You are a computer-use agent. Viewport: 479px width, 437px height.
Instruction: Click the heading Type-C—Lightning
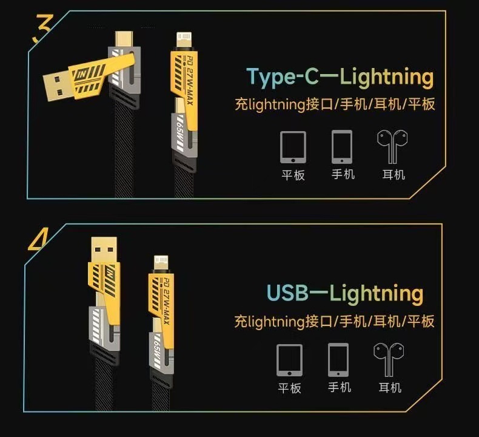click(x=341, y=77)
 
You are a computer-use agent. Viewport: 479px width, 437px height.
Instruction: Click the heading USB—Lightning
click(x=345, y=293)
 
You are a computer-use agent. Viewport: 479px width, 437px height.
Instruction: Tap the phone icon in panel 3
click(x=342, y=146)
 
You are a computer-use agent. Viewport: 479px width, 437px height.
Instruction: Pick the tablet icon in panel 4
click(x=289, y=361)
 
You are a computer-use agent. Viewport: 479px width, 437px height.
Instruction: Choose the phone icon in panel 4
click(x=338, y=361)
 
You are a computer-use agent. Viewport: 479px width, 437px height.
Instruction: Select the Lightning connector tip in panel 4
click(x=161, y=263)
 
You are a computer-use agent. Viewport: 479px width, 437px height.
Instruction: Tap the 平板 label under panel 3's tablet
click(x=293, y=175)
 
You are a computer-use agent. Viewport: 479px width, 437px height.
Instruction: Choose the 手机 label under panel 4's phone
click(x=340, y=387)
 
